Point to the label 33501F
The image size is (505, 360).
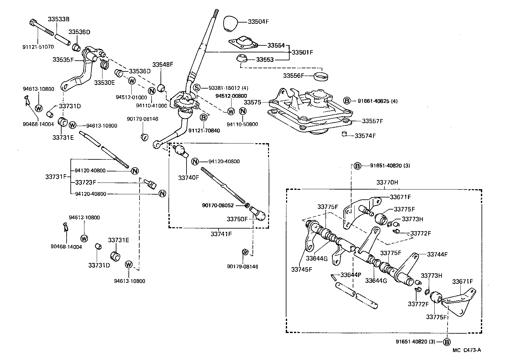(302, 52)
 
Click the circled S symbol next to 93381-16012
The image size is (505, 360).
(197, 88)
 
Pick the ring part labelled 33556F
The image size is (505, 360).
(321, 77)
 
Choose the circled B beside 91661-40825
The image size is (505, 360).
(347, 101)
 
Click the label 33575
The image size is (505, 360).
(252, 102)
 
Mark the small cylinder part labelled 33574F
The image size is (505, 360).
(344, 134)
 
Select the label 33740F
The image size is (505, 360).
(188, 177)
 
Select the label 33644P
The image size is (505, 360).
(351, 275)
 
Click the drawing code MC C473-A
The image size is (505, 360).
(467, 350)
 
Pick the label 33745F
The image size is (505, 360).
(302, 270)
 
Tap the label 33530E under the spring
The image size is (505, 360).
(104, 82)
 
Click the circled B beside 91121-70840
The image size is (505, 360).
(204, 117)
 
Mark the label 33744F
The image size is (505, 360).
(437, 254)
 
